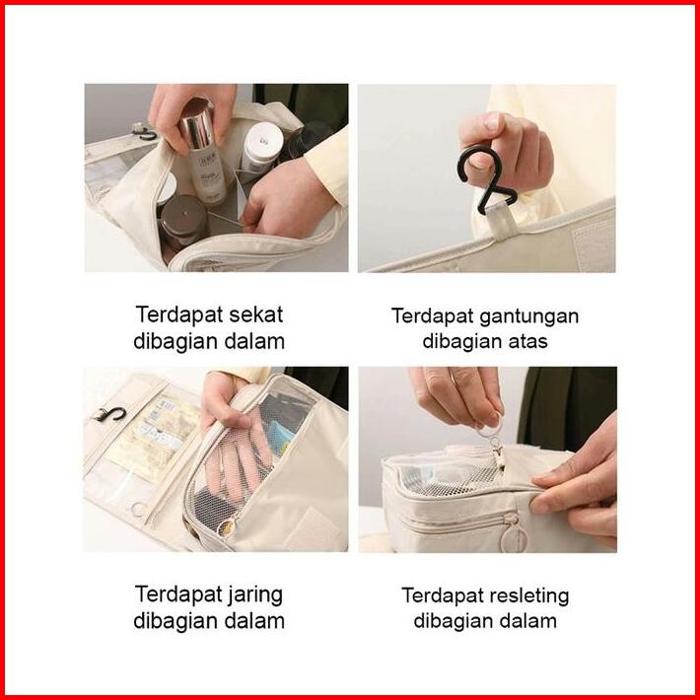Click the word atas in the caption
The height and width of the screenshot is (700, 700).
coord(528,342)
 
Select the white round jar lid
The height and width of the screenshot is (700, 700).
coord(263,137)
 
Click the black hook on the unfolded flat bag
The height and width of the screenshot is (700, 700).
coord(109,415)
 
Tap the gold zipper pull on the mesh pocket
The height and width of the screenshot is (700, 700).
coord(226,527)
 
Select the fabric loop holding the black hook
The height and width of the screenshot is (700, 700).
coord(502,221)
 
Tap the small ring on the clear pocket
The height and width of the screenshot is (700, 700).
coord(138,510)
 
